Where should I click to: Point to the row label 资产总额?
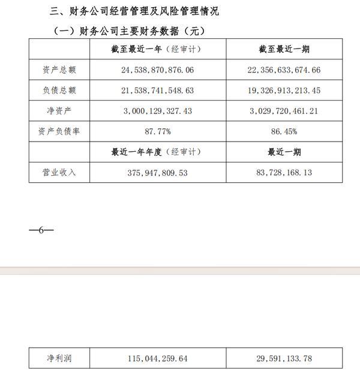click(x=59, y=70)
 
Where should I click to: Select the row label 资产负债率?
click(x=59, y=131)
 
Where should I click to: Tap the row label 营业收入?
click(x=59, y=173)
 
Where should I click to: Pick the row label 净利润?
click(x=59, y=359)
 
